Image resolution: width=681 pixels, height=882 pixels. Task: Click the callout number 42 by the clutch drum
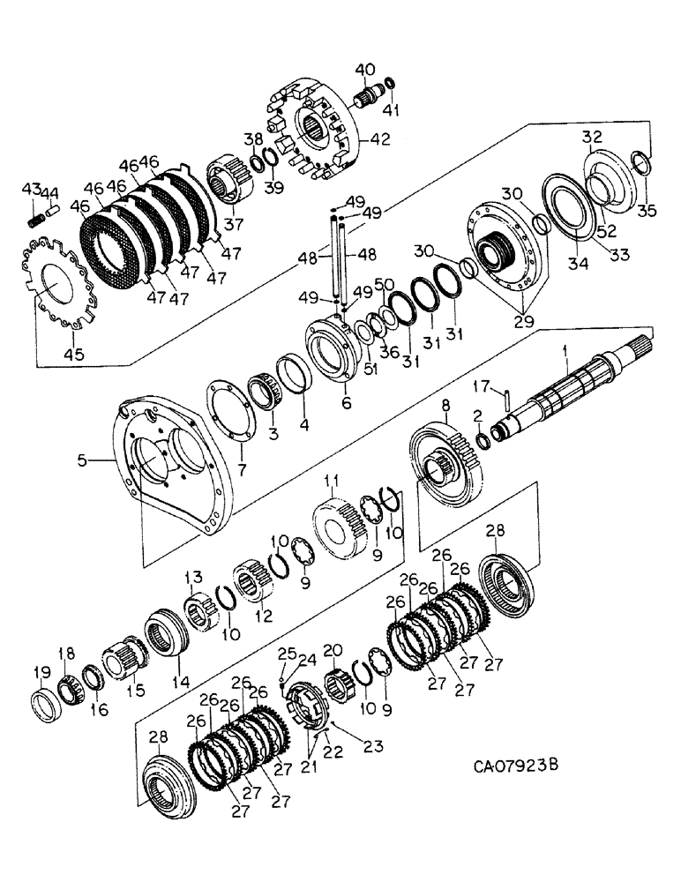click(380, 139)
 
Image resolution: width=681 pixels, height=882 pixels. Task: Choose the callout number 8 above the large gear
click(446, 406)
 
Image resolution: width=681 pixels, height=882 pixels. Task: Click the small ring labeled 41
click(390, 84)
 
